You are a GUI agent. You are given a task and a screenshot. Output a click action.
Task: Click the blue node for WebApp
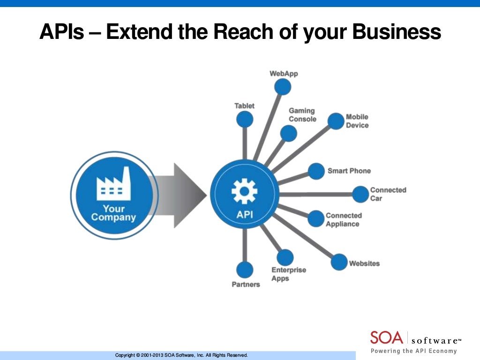(x=283, y=87)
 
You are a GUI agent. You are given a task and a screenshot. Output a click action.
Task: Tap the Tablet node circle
(x=244, y=119)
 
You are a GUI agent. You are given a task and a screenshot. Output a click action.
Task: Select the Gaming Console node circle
(x=289, y=134)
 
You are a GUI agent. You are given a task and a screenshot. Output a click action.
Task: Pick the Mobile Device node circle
(x=336, y=121)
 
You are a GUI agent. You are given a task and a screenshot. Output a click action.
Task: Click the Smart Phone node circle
(x=316, y=171)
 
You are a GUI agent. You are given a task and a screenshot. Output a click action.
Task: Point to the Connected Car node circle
(x=360, y=194)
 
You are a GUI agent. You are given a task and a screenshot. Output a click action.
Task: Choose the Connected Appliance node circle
(x=316, y=218)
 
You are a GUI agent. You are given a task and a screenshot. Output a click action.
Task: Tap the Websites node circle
(x=339, y=262)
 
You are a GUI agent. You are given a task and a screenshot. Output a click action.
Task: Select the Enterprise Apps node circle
(x=285, y=257)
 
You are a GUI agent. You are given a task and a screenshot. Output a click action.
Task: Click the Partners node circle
(x=244, y=270)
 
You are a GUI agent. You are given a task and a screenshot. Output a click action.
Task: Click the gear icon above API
(x=244, y=192)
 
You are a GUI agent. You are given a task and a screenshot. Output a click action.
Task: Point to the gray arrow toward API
(x=180, y=195)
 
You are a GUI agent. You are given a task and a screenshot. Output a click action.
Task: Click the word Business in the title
(x=397, y=32)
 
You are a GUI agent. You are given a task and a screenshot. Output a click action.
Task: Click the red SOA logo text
(x=386, y=337)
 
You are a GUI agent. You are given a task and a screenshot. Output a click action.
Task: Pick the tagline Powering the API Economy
(x=413, y=351)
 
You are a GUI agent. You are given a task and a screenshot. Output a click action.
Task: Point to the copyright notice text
(x=181, y=355)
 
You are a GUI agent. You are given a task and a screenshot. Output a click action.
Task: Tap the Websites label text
(x=364, y=263)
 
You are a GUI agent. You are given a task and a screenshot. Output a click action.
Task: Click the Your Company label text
(x=113, y=213)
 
